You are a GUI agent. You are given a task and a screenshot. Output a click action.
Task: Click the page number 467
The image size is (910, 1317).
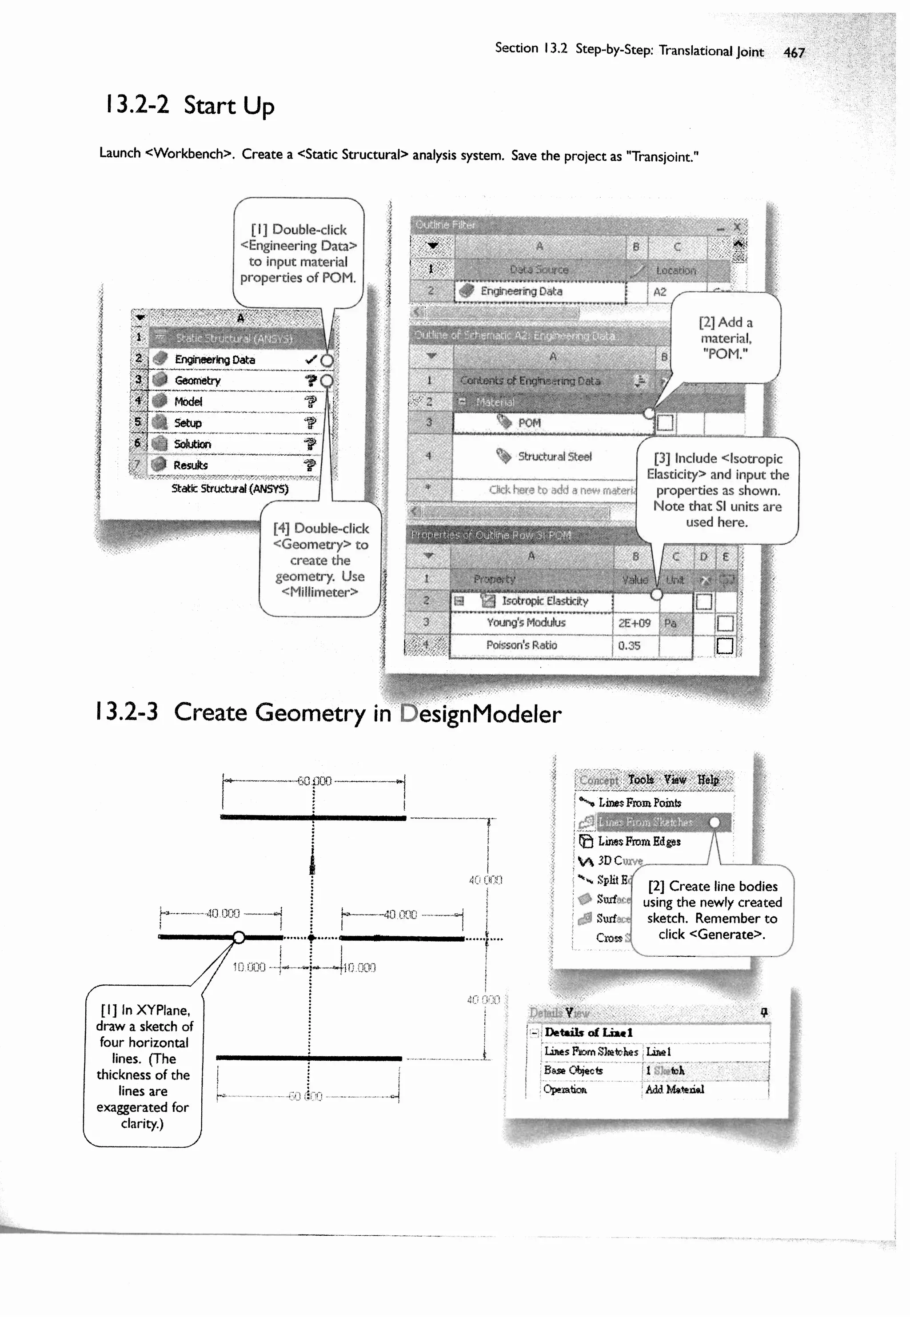click(794, 52)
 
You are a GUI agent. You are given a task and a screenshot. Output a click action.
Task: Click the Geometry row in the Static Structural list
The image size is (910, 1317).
click(197, 381)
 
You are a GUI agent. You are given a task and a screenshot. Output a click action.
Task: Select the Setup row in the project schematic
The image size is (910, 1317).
click(188, 423)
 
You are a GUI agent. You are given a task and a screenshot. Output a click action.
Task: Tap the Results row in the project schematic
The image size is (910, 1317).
click(191, 465)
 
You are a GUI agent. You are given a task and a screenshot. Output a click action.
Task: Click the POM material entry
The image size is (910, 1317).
click(529, 423)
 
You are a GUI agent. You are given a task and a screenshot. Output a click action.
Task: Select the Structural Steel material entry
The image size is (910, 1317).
click(554, 457)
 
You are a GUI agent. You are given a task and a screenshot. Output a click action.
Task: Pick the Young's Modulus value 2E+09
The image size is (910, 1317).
click(634, 623)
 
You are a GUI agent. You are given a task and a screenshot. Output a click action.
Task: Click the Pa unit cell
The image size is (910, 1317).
click(671, 623)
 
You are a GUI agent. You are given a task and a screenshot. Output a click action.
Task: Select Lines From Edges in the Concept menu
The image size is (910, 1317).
click(639, 841)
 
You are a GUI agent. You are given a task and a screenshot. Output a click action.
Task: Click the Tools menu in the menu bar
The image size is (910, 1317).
click(640, 780)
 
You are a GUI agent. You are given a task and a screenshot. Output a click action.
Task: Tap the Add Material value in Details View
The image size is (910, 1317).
click(675, 1089)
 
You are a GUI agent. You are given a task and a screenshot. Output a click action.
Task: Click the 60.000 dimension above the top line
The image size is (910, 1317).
click(314, 781)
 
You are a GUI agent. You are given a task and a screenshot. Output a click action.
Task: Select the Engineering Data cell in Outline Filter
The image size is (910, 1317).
click(521, 291)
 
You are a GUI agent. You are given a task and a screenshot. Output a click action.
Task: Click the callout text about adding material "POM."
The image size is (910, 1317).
click(725, 338)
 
